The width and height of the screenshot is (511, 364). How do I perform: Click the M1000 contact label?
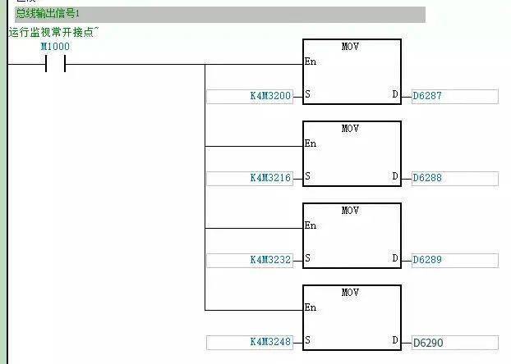55,47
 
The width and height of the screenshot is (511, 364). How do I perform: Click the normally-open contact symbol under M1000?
55,64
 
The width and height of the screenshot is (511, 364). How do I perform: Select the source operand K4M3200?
270,96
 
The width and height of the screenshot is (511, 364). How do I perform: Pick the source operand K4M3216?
270,178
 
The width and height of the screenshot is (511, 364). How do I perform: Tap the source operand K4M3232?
270,260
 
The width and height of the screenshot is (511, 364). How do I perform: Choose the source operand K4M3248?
270,342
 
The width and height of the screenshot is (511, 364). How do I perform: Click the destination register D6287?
427,96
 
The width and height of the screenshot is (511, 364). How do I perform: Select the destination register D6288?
427,178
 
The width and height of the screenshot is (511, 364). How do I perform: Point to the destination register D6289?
427,260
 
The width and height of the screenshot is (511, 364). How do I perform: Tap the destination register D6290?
428,343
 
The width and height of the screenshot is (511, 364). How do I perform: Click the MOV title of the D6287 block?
350,47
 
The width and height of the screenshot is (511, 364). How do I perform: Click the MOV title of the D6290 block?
350,293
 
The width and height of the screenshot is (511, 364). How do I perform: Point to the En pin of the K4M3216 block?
311,143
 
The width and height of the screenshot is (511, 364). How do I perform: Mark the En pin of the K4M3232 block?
311,225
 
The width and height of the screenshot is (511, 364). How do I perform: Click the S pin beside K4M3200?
307,94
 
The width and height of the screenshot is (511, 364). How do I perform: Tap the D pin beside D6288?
395,176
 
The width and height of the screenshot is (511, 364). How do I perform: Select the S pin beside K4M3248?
307,340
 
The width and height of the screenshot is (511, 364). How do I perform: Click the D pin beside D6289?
395,258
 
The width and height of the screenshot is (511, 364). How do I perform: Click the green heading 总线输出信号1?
48,14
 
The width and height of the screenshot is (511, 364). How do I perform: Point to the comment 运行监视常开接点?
52,32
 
